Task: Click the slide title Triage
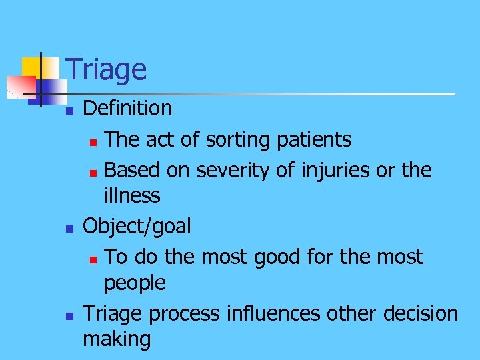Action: coord(107,70)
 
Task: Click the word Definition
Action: coord(127,108)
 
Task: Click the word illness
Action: coord(132,195)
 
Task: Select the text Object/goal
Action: coord(137,227)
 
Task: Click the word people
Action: coord(135,283)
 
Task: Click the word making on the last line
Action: coord(117,339)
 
